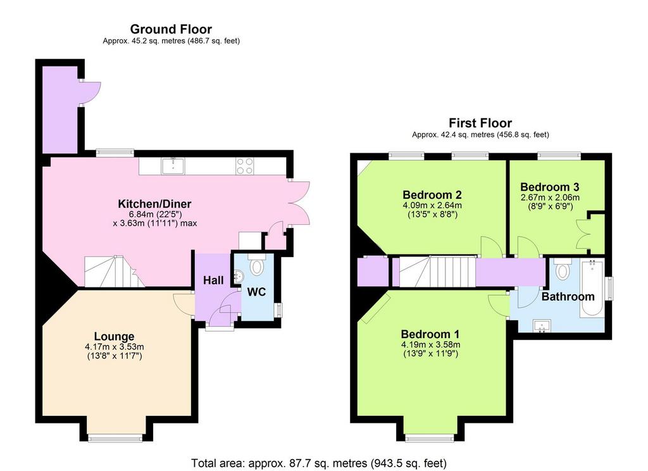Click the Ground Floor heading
pos(171,29)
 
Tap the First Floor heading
pos(480,123)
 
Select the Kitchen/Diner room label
pos(154,204)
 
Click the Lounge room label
pos(114,337)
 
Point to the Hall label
pos(213,280)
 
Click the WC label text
pos(256,292)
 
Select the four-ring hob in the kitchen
pos(245,166)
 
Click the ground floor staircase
pos(115,272)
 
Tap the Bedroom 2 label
pos(432,195)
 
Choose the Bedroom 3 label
pos(550,187)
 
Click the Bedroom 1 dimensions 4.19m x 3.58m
pos(430,344)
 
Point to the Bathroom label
pos(568,296)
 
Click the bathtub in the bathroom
pos(592,288)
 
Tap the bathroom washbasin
pos(542,326)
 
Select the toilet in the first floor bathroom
pos(562,269)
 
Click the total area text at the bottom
pos(319,463)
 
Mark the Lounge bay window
pos(115,437)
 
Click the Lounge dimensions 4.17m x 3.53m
pos(115,347)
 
